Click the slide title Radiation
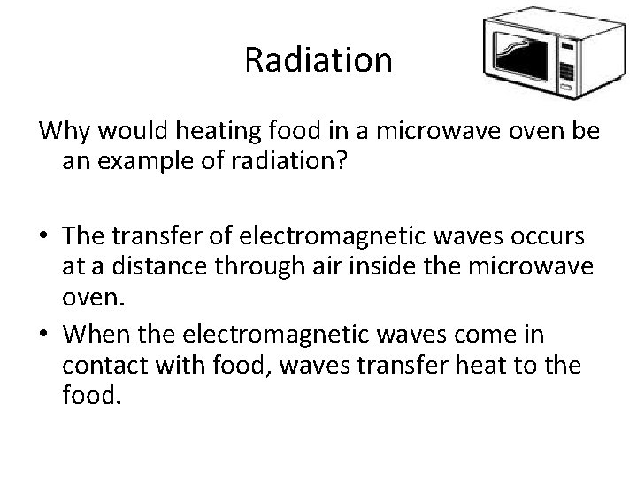[x=318, y=59]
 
